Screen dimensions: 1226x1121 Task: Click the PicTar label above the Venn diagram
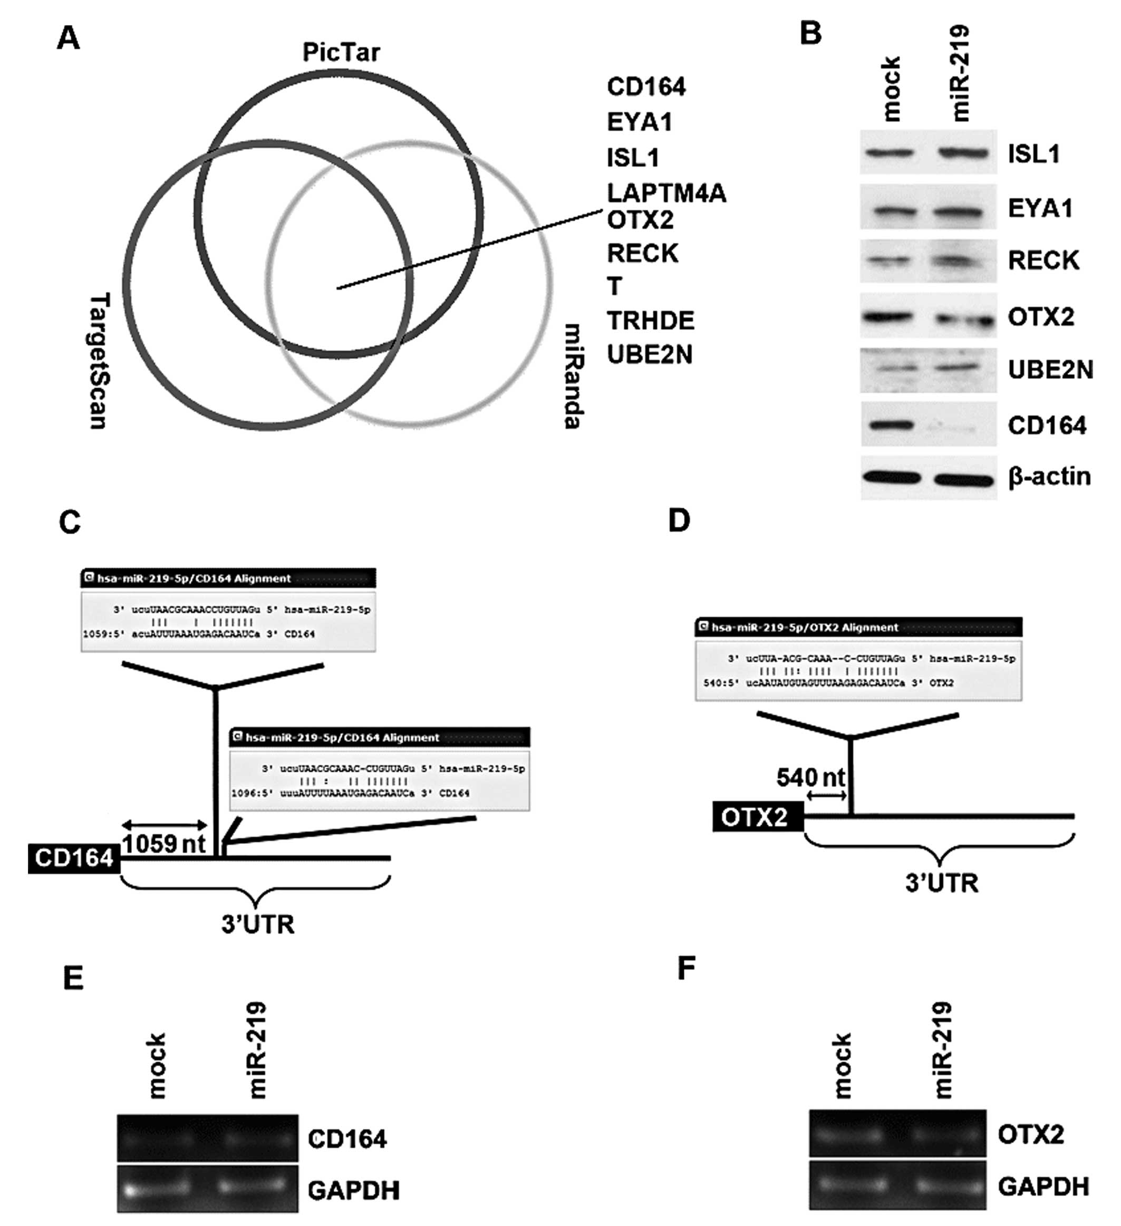pos(341,53)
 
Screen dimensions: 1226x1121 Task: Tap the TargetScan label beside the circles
pos(99,361)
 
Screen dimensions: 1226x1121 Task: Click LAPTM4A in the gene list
pos(666,194)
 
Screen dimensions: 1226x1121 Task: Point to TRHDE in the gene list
pos(650,321)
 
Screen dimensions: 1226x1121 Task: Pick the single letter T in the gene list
pos(614,286)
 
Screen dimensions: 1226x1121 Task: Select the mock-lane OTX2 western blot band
pos(889,317)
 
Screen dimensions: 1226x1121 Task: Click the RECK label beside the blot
pos(1043,260)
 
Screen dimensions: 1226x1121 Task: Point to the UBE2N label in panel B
pos(1050,370)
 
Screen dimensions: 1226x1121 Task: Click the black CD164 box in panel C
pos(74,858)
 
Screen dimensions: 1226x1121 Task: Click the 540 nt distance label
pos(811,777)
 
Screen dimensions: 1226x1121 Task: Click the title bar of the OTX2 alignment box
pos(858,627)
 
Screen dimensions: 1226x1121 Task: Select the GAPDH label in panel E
pos(353,1190)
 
